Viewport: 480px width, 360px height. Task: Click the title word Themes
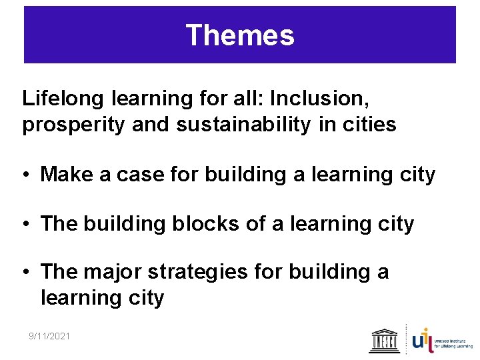coord(239,35)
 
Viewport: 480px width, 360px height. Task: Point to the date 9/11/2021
coord(49,335)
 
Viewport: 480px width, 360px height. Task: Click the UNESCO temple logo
coord(385,340)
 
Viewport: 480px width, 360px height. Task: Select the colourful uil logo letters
coord(421,339)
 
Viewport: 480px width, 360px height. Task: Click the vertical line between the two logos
coord(406,339)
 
